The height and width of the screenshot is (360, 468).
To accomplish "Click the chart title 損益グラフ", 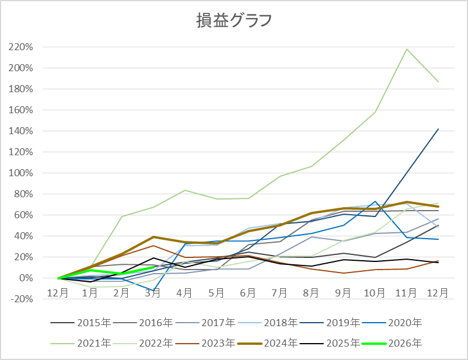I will [233, 20].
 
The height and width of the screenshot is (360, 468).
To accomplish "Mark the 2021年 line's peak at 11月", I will [407, 49].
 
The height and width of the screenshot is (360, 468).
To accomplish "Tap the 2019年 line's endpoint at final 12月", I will [438, 129].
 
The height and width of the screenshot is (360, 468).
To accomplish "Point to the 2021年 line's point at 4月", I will [185, 190].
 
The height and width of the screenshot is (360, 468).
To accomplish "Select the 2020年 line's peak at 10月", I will [375, 202].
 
